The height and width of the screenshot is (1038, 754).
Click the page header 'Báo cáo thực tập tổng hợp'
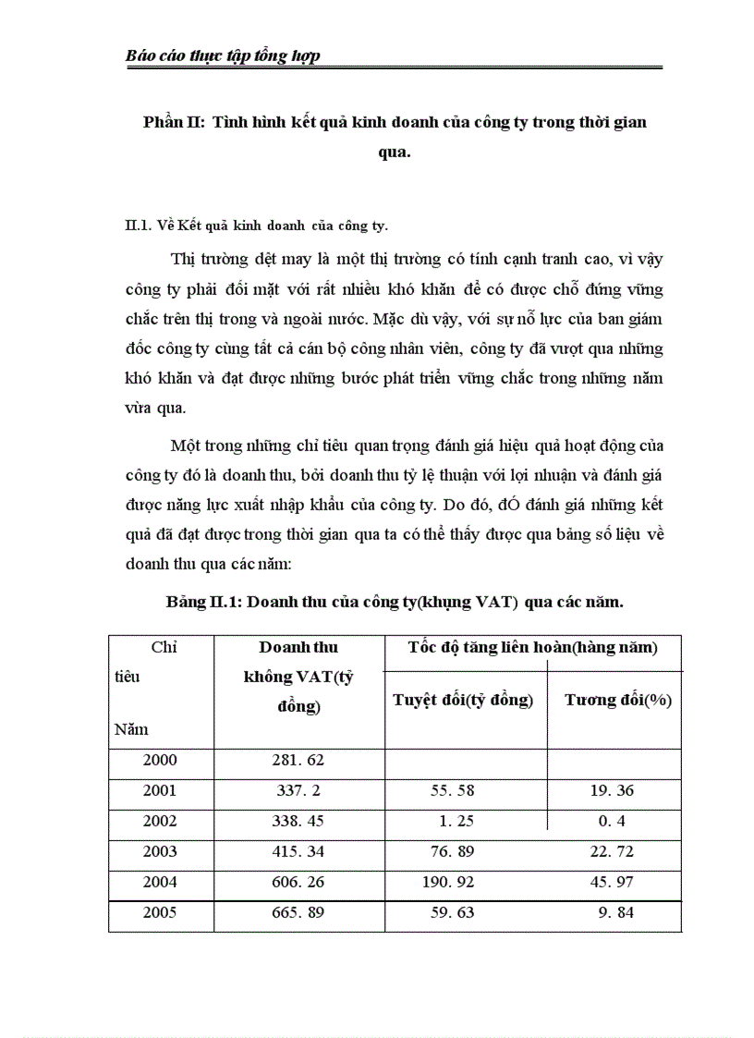tap(223, 56)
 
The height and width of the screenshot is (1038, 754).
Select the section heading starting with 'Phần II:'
tap(395, 124)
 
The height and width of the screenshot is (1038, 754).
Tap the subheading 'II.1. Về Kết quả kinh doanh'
tap(256, 225)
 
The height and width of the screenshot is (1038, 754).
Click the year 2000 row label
tap(160, 761)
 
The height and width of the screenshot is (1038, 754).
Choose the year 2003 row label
tap(160, 851)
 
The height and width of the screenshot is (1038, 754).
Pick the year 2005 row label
tap(160, 912)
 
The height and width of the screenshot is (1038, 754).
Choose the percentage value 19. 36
tap(611, 791)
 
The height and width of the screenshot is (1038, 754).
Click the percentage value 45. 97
tap(611, 882)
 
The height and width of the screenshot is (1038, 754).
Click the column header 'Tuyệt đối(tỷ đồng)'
tap(463, 700)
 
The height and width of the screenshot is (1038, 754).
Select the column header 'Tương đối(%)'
tap(617, 700)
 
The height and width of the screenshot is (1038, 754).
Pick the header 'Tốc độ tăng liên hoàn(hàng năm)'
tap(533, 648)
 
